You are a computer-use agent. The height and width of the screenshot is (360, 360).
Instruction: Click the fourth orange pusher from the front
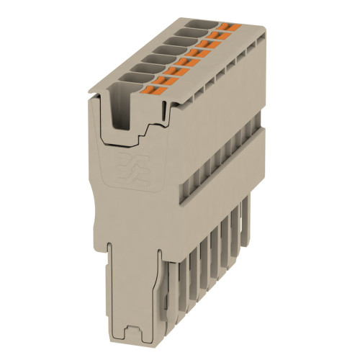[184, 63]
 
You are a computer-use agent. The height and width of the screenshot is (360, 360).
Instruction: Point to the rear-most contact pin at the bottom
[247, 223]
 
